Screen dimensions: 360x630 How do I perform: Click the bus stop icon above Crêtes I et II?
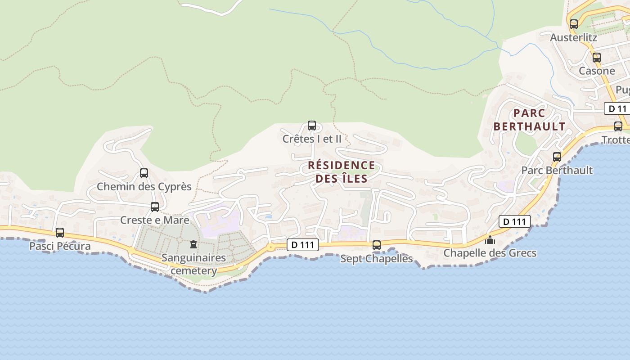point(311,126)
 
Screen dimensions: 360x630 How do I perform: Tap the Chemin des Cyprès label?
point(144,186)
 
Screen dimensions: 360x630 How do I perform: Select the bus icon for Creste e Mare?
point(155,207)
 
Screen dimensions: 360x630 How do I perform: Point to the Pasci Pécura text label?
point(60,246)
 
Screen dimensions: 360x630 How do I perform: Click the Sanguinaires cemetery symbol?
point(193,244)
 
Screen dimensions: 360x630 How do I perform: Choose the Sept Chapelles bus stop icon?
point(377,245)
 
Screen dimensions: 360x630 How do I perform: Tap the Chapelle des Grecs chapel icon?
point(490,240)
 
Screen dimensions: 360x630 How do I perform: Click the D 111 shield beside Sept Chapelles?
point(303,245)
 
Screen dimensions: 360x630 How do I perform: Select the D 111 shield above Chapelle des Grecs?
point(514,221)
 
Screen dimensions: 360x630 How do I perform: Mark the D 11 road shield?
point(616,108)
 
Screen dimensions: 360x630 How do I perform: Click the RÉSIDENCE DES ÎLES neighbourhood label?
point(342,172)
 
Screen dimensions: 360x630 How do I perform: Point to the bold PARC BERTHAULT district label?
point(529,120)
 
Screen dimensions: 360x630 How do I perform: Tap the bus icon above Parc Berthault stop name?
point(557,157)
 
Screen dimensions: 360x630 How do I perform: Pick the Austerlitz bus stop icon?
point(574,24)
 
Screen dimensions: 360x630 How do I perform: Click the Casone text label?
point(597,71)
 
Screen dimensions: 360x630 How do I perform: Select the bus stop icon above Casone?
point(597,58)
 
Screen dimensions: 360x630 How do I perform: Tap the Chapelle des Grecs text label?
point(490,253)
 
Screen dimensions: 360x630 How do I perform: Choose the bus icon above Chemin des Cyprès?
point(144,173)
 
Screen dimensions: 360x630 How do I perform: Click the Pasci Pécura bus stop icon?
point(60,233)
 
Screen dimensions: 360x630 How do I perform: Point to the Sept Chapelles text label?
point(376,259)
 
